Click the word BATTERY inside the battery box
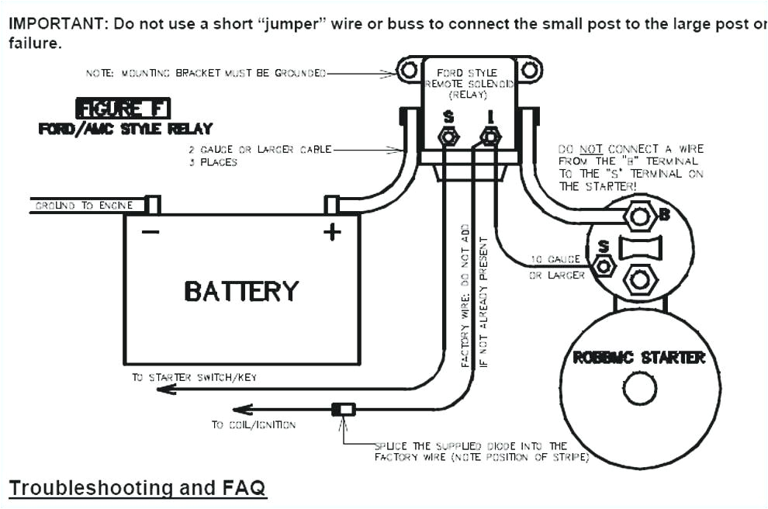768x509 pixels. tap(241, 291)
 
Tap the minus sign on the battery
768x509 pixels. tap(150, 231)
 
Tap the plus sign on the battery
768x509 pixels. tap(332, 231)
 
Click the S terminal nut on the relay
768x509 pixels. tap(448, 137)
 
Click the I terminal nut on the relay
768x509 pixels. tap(490, 137)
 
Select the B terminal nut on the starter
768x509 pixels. tap(640, 216)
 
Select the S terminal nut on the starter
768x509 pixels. tap(604, 265)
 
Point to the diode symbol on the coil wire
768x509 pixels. tap(344, 409)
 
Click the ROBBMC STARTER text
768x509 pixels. tap(638, 358)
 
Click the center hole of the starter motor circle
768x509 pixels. tap(640, 389)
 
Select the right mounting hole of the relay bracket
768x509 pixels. tap(528, 71)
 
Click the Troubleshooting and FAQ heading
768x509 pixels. tap(137, 488)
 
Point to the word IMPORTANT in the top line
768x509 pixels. tap(56, 23)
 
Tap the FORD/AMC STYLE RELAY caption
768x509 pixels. tap(126, 129)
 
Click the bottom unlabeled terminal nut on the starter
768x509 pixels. tap(640, 280)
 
